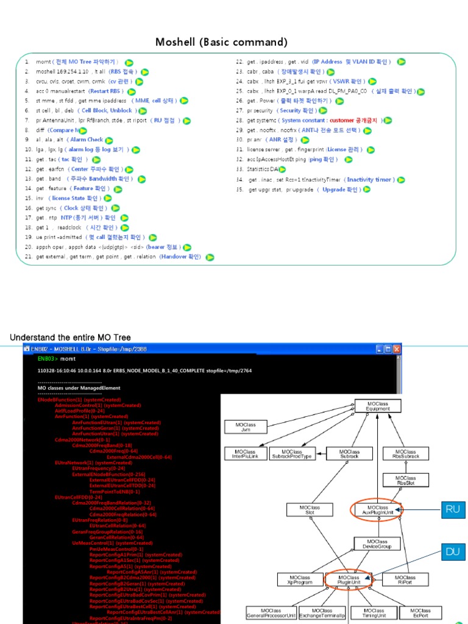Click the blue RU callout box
click(x=452, y=509)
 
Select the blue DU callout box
click(x=452, y=551)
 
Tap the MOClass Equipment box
click(x=378, y=406)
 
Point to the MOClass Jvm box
click(x=246, y=427)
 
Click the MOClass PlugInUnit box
click(x=349, y=580)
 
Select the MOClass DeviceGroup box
click(x=377, y=544)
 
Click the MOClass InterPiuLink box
click(x=246, y=453)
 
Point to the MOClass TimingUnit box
click(x=374, y=612)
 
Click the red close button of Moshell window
click(x=397, y=349)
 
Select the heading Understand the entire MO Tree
click(x=70, y=338)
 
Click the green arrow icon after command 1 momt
click(x=129, y=62)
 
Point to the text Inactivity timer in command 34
click(x=369, y=180)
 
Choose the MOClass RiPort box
click(x=405, y=580)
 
